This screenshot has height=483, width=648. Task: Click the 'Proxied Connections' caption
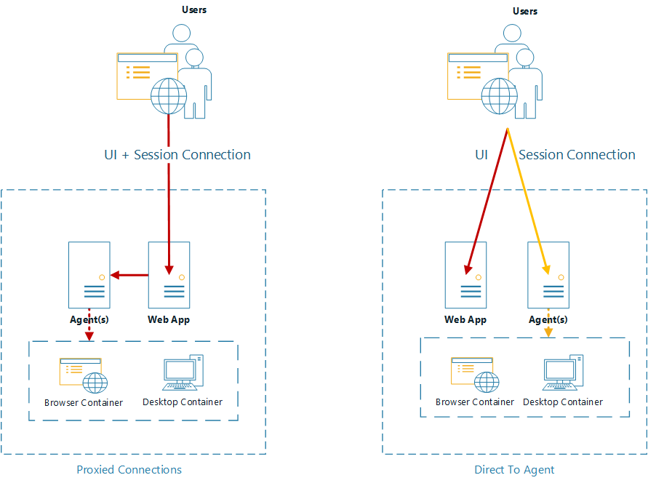point(129,469)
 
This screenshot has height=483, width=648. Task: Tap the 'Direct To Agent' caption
point(514,470)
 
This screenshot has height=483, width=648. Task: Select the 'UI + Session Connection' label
point(177,155)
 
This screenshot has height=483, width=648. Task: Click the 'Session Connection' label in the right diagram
point(577,155)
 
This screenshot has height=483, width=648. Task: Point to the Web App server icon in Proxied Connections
point(169,274)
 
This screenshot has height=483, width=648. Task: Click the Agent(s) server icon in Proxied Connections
point(89,274)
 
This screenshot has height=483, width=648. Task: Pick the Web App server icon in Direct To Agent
point(465,274)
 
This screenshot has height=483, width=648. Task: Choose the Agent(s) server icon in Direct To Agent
point(548,274)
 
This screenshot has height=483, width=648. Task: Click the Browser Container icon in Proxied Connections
point(82,375)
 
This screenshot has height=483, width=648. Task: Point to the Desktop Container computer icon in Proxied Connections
point(182,373)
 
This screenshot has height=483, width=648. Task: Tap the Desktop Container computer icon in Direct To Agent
point(563,374)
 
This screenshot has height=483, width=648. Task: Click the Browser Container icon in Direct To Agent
point(474,375)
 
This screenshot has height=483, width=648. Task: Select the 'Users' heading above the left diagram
point(194,10)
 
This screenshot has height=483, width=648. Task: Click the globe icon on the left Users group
point(169,95)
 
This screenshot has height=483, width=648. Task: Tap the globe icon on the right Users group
point(500,95)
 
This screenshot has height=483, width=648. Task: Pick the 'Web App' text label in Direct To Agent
point(465,319)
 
